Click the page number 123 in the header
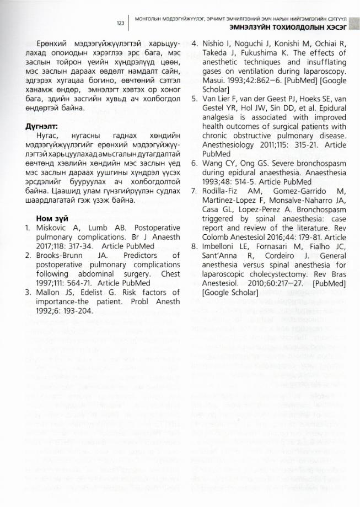pyautogui.click(x=121, y=23)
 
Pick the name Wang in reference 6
pyautogui.click(x=213, y=164)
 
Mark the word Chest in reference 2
pyautogui.click(x=169, y=274)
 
